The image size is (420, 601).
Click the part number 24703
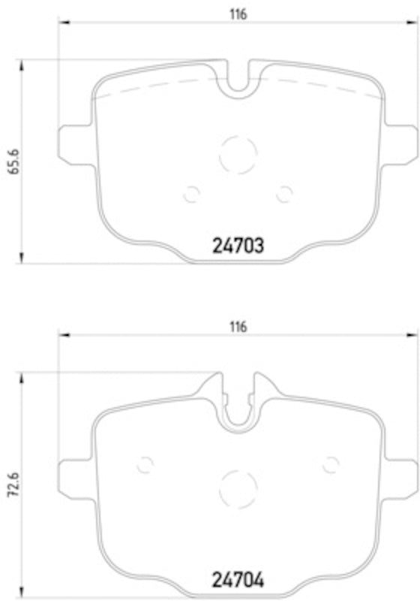click(x=232, y=245)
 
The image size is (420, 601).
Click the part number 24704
click(x=232, y=580)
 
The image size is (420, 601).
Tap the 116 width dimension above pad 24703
click(x=238, y=14)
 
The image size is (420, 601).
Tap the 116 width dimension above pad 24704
click(x=238, y=326)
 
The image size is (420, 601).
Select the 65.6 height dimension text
click(x=13, y=162)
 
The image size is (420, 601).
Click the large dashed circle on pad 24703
click(x=238, y=154)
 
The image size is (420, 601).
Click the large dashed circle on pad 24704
click(x=238, y=488)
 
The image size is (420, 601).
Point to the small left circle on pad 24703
click(x=191, y=194)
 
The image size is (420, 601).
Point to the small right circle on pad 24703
click(x=283, y=194)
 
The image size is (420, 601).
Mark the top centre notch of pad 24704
click(x=238, y=406)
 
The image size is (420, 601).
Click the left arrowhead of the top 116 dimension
click(x=63, y=23)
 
